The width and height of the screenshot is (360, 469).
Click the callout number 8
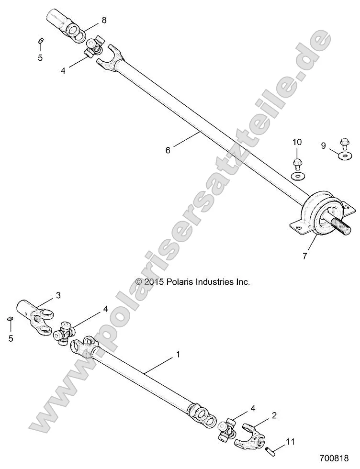pos(104,20)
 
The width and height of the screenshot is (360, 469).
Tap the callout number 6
pos(168,150)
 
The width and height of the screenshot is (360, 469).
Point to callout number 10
pos(297,142)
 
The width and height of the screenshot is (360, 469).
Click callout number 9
pos(324,145)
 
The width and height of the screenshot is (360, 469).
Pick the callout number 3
pos(58,295)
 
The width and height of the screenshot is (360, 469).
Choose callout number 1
pos(178,355)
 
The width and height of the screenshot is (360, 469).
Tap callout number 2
pos(274,415)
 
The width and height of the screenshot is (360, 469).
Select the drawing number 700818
pos(333,458)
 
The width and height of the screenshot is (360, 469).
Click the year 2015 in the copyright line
pos(155,282)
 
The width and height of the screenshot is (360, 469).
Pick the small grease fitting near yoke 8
pos(41,41)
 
